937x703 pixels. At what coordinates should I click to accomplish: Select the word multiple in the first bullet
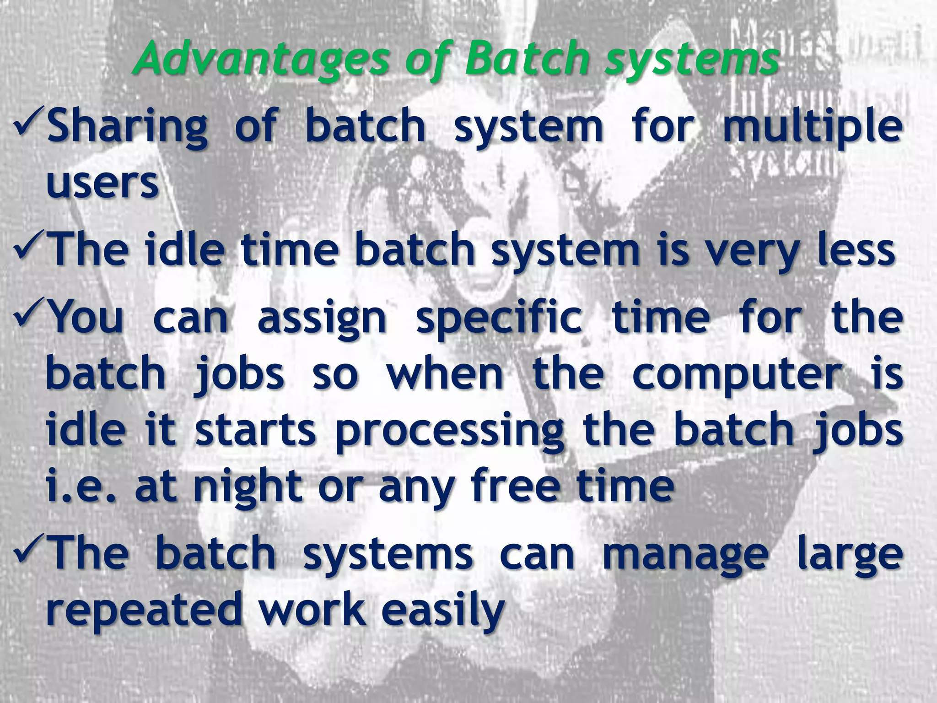click(x=813, y=127)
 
